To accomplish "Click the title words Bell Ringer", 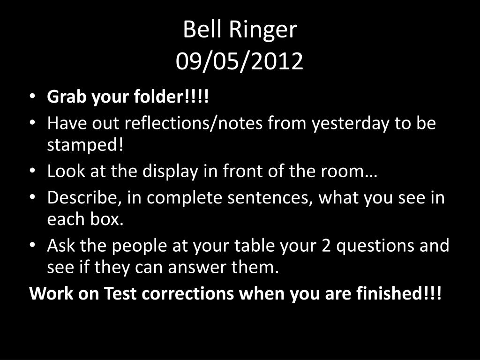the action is (240, 30).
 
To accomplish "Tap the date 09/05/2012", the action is (240, 61).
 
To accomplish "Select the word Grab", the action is (67, 97).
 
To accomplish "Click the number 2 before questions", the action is (326, 246).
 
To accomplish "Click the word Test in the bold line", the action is (120, 293).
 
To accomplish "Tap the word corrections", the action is (188, 293).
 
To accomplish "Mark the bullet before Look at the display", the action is (33, 171).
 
